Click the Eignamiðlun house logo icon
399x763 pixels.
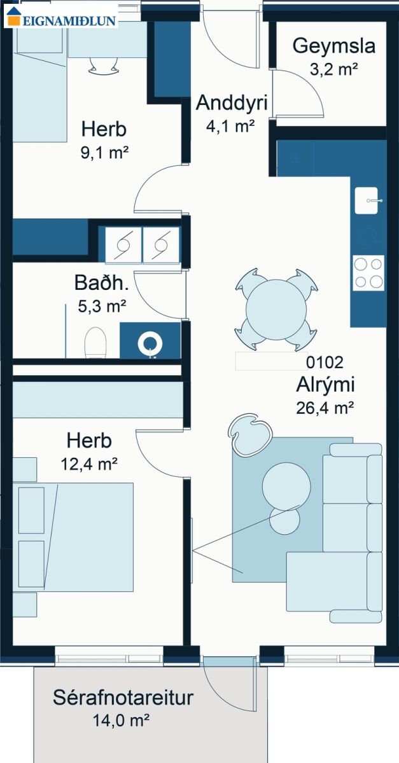coord(13,17)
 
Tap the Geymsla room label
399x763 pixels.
coord(334,46)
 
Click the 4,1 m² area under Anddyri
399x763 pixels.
coord(230,126)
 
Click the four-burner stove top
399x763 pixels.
coord(368,273)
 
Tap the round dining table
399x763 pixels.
coord(276,309)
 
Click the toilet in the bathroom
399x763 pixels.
coord(95,342)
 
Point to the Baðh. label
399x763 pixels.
coord(101,283)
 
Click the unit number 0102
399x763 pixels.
coord(325,362)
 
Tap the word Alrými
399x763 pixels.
coord(325,385)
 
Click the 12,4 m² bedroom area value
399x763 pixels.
coord(89,464)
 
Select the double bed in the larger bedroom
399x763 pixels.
coord(73,537)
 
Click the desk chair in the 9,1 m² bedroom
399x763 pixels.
coord(104,65)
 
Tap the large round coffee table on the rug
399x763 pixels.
coord(286,486)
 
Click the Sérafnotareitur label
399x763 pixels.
coord(123,698)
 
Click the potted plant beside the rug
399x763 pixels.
coord(250,435)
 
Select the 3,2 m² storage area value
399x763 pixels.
coord(334,69)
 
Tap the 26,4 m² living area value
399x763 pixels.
coord(325,408)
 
